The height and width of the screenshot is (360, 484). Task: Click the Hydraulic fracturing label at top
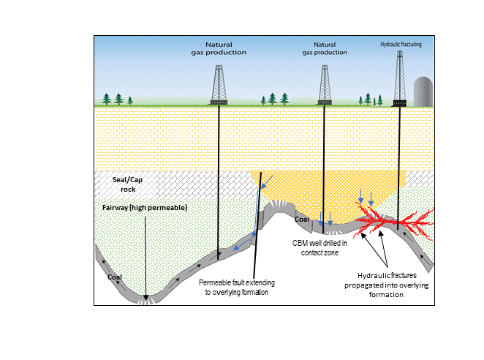pyautogui.click(x=401, y=44)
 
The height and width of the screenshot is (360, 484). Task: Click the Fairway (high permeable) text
pyautogui.click(x=145, y=209)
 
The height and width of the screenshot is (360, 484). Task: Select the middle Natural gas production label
pyautogui.click(x=325, y=48)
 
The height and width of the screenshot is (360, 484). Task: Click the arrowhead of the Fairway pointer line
pyautogui.click(x=145, y=296)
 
